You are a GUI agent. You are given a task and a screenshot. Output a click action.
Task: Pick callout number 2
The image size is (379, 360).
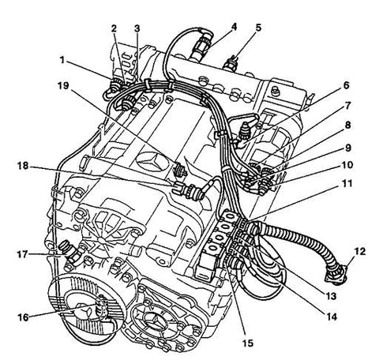coord(114,28)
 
